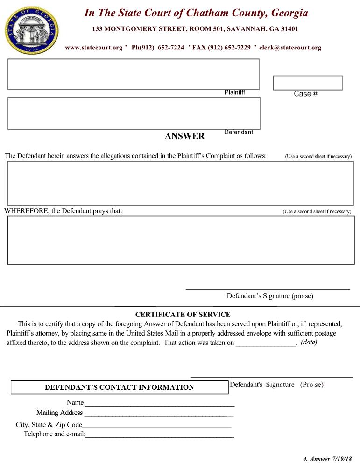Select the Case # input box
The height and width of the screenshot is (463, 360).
tap(308, 83)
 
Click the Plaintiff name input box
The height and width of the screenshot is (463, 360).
tap(133, 74)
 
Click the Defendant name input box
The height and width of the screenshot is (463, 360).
tap(134, 113)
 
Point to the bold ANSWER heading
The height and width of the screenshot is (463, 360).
tap(184, 136)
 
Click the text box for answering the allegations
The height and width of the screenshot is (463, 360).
tap(180, 183)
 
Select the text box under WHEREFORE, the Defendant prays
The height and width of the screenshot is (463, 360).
tap(180, 240)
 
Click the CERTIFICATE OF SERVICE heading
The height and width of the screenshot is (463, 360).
tap(183, 315)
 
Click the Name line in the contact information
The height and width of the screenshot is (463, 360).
tap(159, 403)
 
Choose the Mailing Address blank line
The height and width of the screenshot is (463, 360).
tap(159, 413)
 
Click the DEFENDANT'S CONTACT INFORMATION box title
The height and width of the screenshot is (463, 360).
tap(119, 387)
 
